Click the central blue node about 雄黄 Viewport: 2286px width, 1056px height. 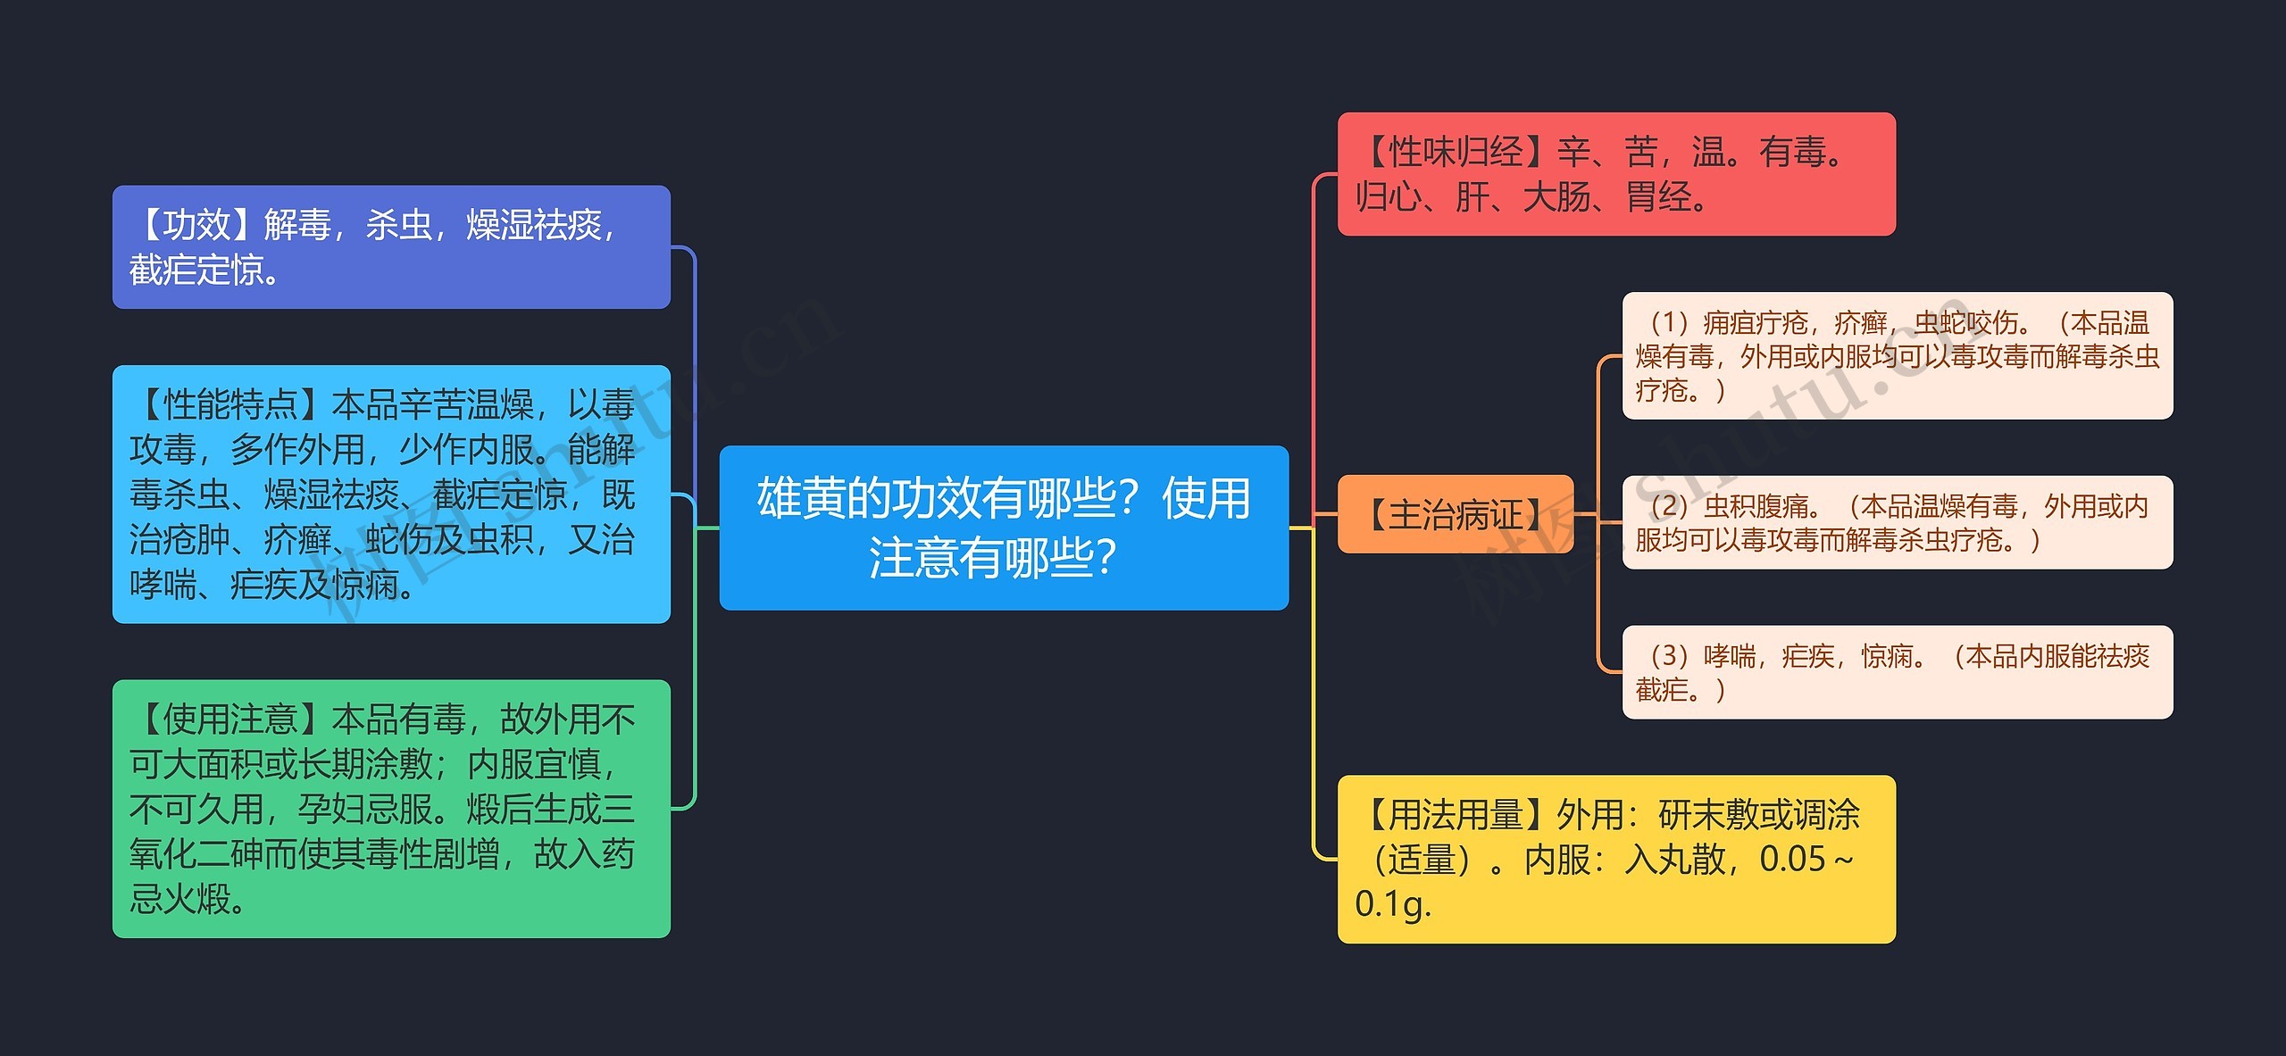[1004, 528]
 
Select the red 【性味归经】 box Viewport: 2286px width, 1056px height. [1615, 174]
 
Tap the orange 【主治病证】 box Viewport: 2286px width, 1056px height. [1455, 514]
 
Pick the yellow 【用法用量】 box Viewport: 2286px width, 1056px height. [1615, 859]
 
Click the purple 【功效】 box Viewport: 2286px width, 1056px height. [391, 247]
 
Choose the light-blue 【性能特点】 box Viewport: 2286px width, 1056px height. [391, 494]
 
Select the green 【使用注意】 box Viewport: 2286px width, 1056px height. [391, 809]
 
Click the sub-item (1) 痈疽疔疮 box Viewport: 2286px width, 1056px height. [1897, 355]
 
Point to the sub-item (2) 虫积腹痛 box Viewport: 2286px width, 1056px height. [1897, 522]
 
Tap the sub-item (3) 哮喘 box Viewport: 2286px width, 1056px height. [1897, 672]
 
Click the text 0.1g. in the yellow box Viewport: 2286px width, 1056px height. [1392, 905]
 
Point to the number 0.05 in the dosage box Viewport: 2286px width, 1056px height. [1791, 860]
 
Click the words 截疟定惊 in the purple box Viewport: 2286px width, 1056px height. [196, 270]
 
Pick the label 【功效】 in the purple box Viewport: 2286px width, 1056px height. [196, 225]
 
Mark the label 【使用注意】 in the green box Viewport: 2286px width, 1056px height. [230, 719]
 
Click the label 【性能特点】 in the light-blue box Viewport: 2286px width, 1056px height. [230, 405]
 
